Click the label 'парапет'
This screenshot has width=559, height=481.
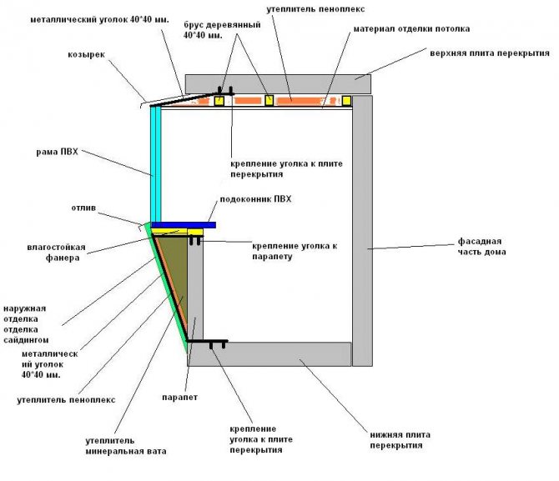179,397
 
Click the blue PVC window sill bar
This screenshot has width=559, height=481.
184,225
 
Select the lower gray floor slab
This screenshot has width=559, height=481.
275,353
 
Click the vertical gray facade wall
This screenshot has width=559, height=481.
362,225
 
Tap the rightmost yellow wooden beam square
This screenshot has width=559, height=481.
346,101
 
